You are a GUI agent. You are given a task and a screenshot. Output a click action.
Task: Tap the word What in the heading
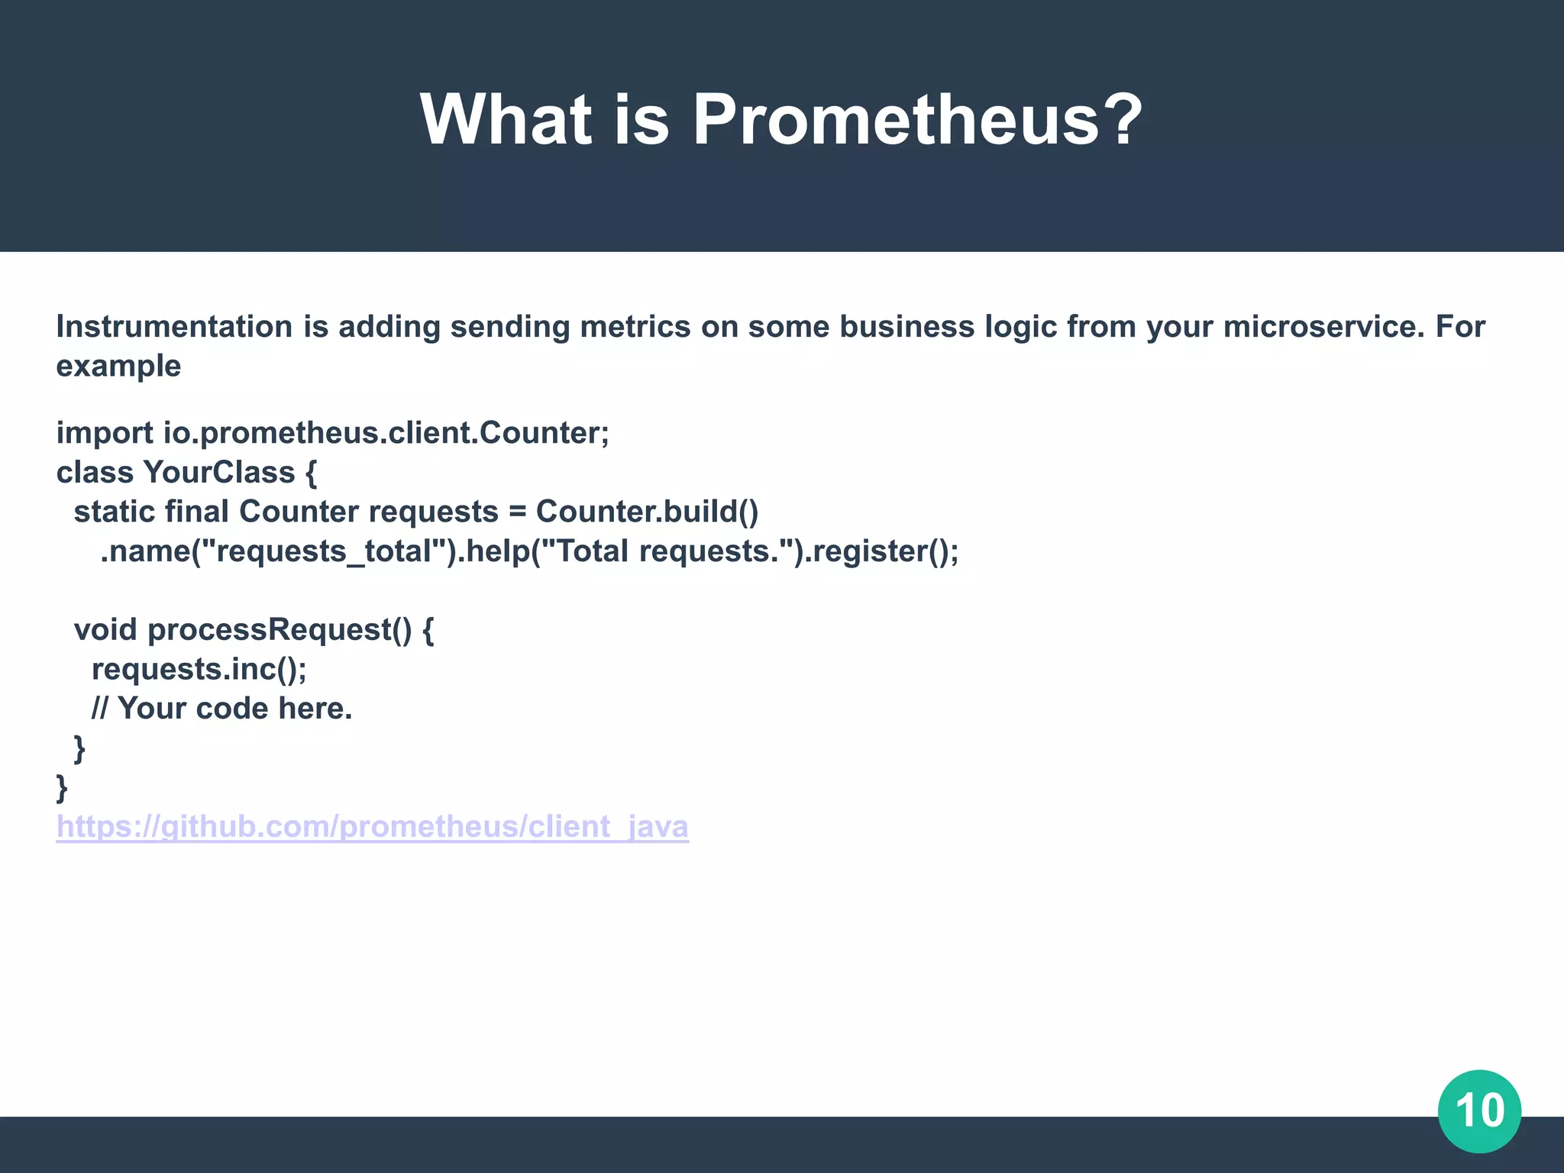[x=506, y=120]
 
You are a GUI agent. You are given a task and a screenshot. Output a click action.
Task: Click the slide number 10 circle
[x=1479, y=1110]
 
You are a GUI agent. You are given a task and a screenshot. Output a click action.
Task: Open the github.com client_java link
[x=373, y=827]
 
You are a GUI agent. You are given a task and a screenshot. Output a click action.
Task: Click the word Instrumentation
[x=174, y=327]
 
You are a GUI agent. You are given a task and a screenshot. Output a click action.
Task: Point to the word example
[x=118, y=367]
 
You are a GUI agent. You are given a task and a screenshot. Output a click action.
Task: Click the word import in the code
[x=105, y=433]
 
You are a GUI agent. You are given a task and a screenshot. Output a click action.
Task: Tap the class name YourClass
[x=218, y=473]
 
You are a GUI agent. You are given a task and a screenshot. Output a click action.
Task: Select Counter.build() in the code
[x=647, y=512]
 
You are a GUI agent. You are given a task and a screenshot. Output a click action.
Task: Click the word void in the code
[x=105, y=630]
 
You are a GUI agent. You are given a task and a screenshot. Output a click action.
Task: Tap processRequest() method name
[x=280, y=630]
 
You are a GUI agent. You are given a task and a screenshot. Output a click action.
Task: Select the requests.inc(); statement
[x=199, y=670]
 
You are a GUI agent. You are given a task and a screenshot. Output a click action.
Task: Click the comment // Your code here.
[x=221, y=709]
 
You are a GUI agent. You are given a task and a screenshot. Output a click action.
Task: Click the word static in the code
[x=114, y=512]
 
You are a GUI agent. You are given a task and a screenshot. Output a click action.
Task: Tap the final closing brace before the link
[x=62, y=787]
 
